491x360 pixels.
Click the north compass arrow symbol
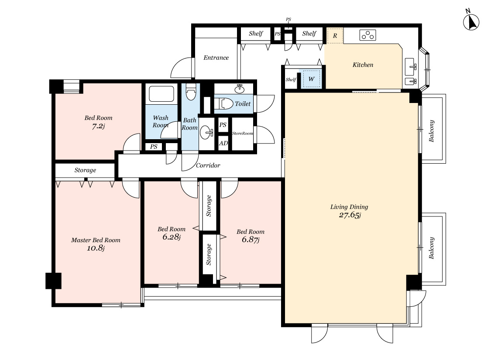[470, 22]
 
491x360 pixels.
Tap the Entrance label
[216, 58]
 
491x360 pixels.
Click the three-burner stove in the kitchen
[367, 35]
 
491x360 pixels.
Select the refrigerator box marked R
[335, 36]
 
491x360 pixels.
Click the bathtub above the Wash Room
[161, 94]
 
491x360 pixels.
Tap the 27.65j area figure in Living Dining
[350, 215]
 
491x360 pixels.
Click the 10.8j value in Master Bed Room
[96, 248]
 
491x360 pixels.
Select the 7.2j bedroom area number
[98, 126]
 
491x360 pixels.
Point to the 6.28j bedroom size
[171, 237]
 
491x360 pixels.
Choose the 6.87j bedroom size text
[251, 240]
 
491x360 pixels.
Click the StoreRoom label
[243, 134]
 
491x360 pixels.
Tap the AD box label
[223, 144]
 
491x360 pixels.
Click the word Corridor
[208, 165]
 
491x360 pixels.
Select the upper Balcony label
[432, 131]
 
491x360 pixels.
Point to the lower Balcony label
[432, 248]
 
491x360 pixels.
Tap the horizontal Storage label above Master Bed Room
[85, 170]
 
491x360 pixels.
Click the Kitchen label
[363, 65]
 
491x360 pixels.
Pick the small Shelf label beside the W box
[291, 79]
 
